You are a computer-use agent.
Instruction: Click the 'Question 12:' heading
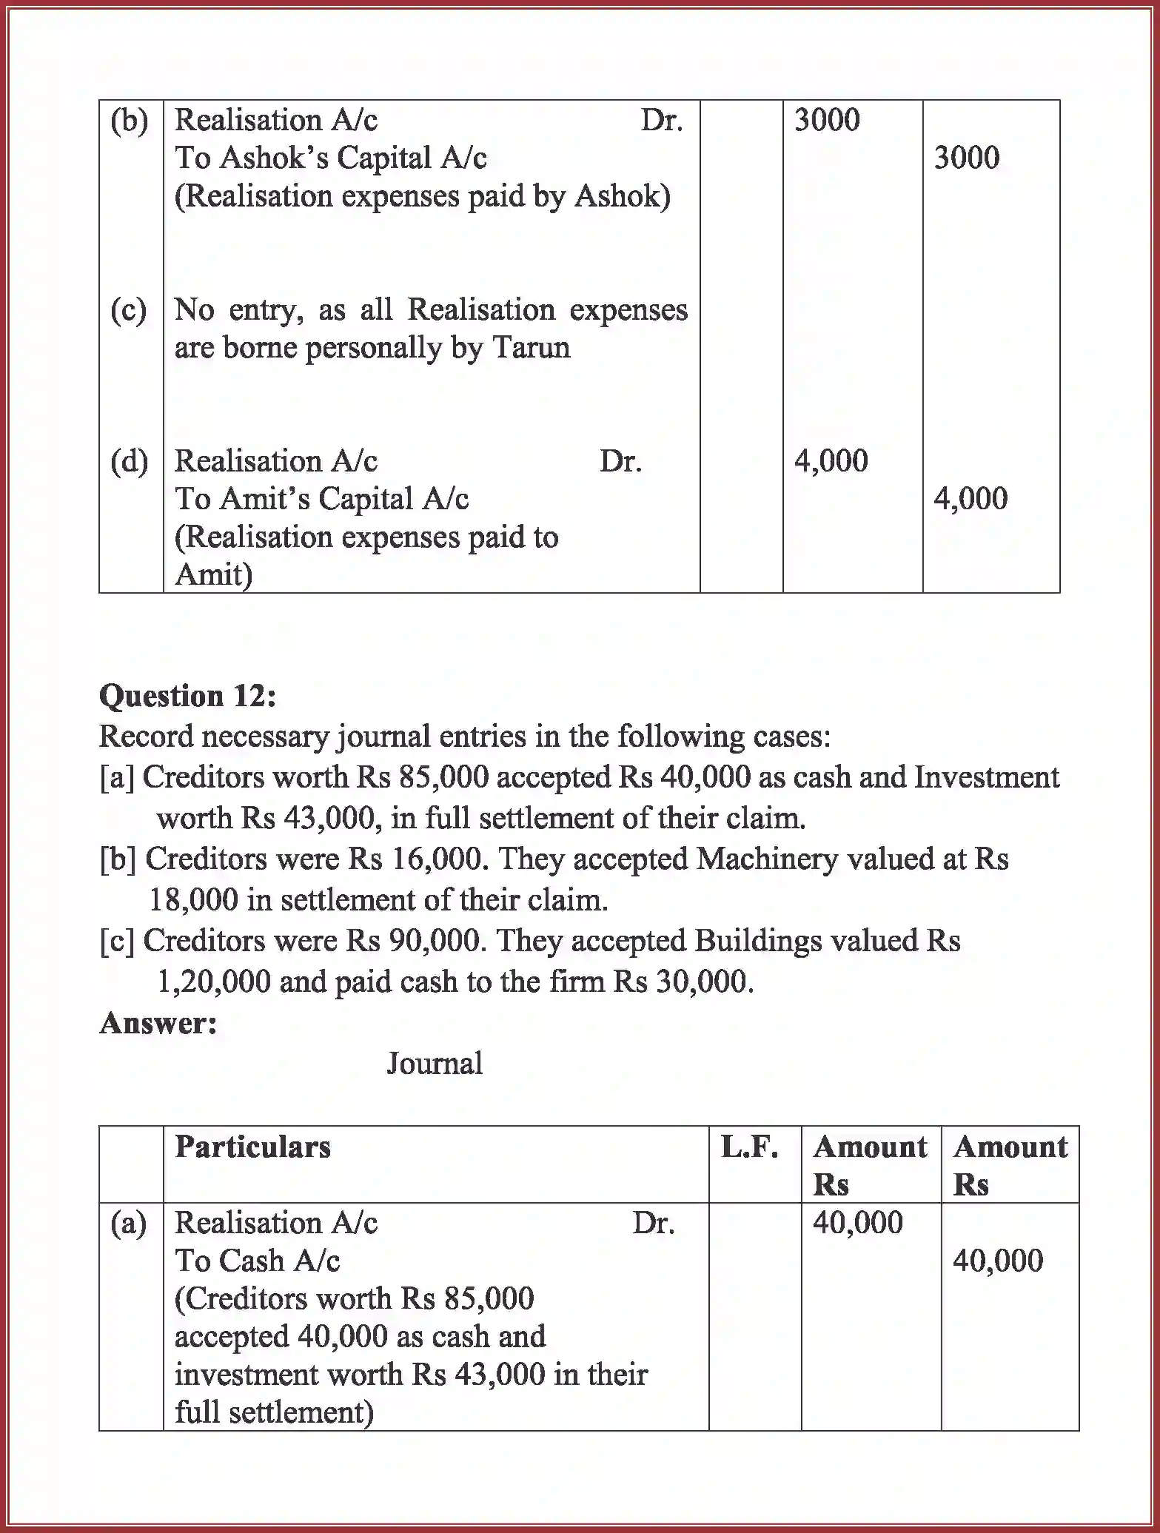coord(187,696)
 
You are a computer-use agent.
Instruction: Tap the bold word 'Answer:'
coord(158,1023)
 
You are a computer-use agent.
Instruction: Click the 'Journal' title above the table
coord(435,1064)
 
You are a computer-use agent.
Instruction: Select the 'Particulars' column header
coord(252,1147)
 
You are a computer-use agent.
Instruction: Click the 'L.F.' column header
coord(749,1147)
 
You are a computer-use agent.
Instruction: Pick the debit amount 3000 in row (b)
coord(827,120)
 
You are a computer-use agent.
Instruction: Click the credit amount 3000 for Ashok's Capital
coord(966,158)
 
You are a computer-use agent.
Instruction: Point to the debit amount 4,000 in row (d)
coord(831,460)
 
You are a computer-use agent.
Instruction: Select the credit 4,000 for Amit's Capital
coord(970,499)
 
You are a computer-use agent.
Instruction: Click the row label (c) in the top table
coord(129,309)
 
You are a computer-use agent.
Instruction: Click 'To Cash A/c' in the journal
coord(257,1261)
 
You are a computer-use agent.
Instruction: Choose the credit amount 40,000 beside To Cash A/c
coord(997,1261)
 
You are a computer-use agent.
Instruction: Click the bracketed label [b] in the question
coord(118,859)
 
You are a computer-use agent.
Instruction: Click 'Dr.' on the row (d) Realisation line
coord(620,461)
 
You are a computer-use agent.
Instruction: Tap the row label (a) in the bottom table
coord(129,1223)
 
